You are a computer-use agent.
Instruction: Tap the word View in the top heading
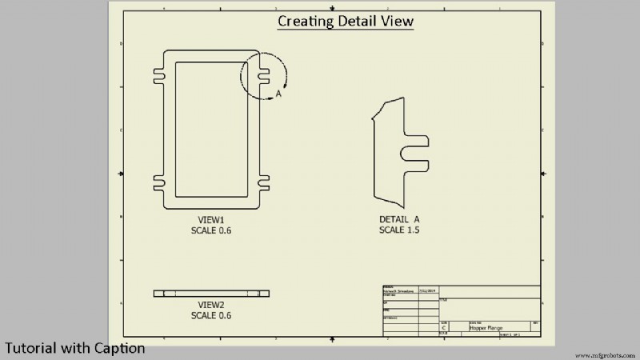tap(397, 21)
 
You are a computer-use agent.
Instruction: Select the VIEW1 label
tap(212, 219)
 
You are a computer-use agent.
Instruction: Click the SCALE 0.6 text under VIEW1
tap(212, 230)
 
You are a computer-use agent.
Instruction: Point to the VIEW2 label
tap(212, 305)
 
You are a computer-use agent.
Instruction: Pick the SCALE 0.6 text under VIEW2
tap(212, 315)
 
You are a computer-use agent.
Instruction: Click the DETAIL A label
tap(399, 219)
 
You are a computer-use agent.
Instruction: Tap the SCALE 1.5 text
tap(399, 230)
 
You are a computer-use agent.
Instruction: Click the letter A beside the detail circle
tap(278, 94)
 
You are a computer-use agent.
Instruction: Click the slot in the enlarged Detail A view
tap(416, 148)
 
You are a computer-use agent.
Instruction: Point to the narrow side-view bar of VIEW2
tap(212, 294)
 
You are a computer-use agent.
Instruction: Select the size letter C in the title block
tap(443, 328)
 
